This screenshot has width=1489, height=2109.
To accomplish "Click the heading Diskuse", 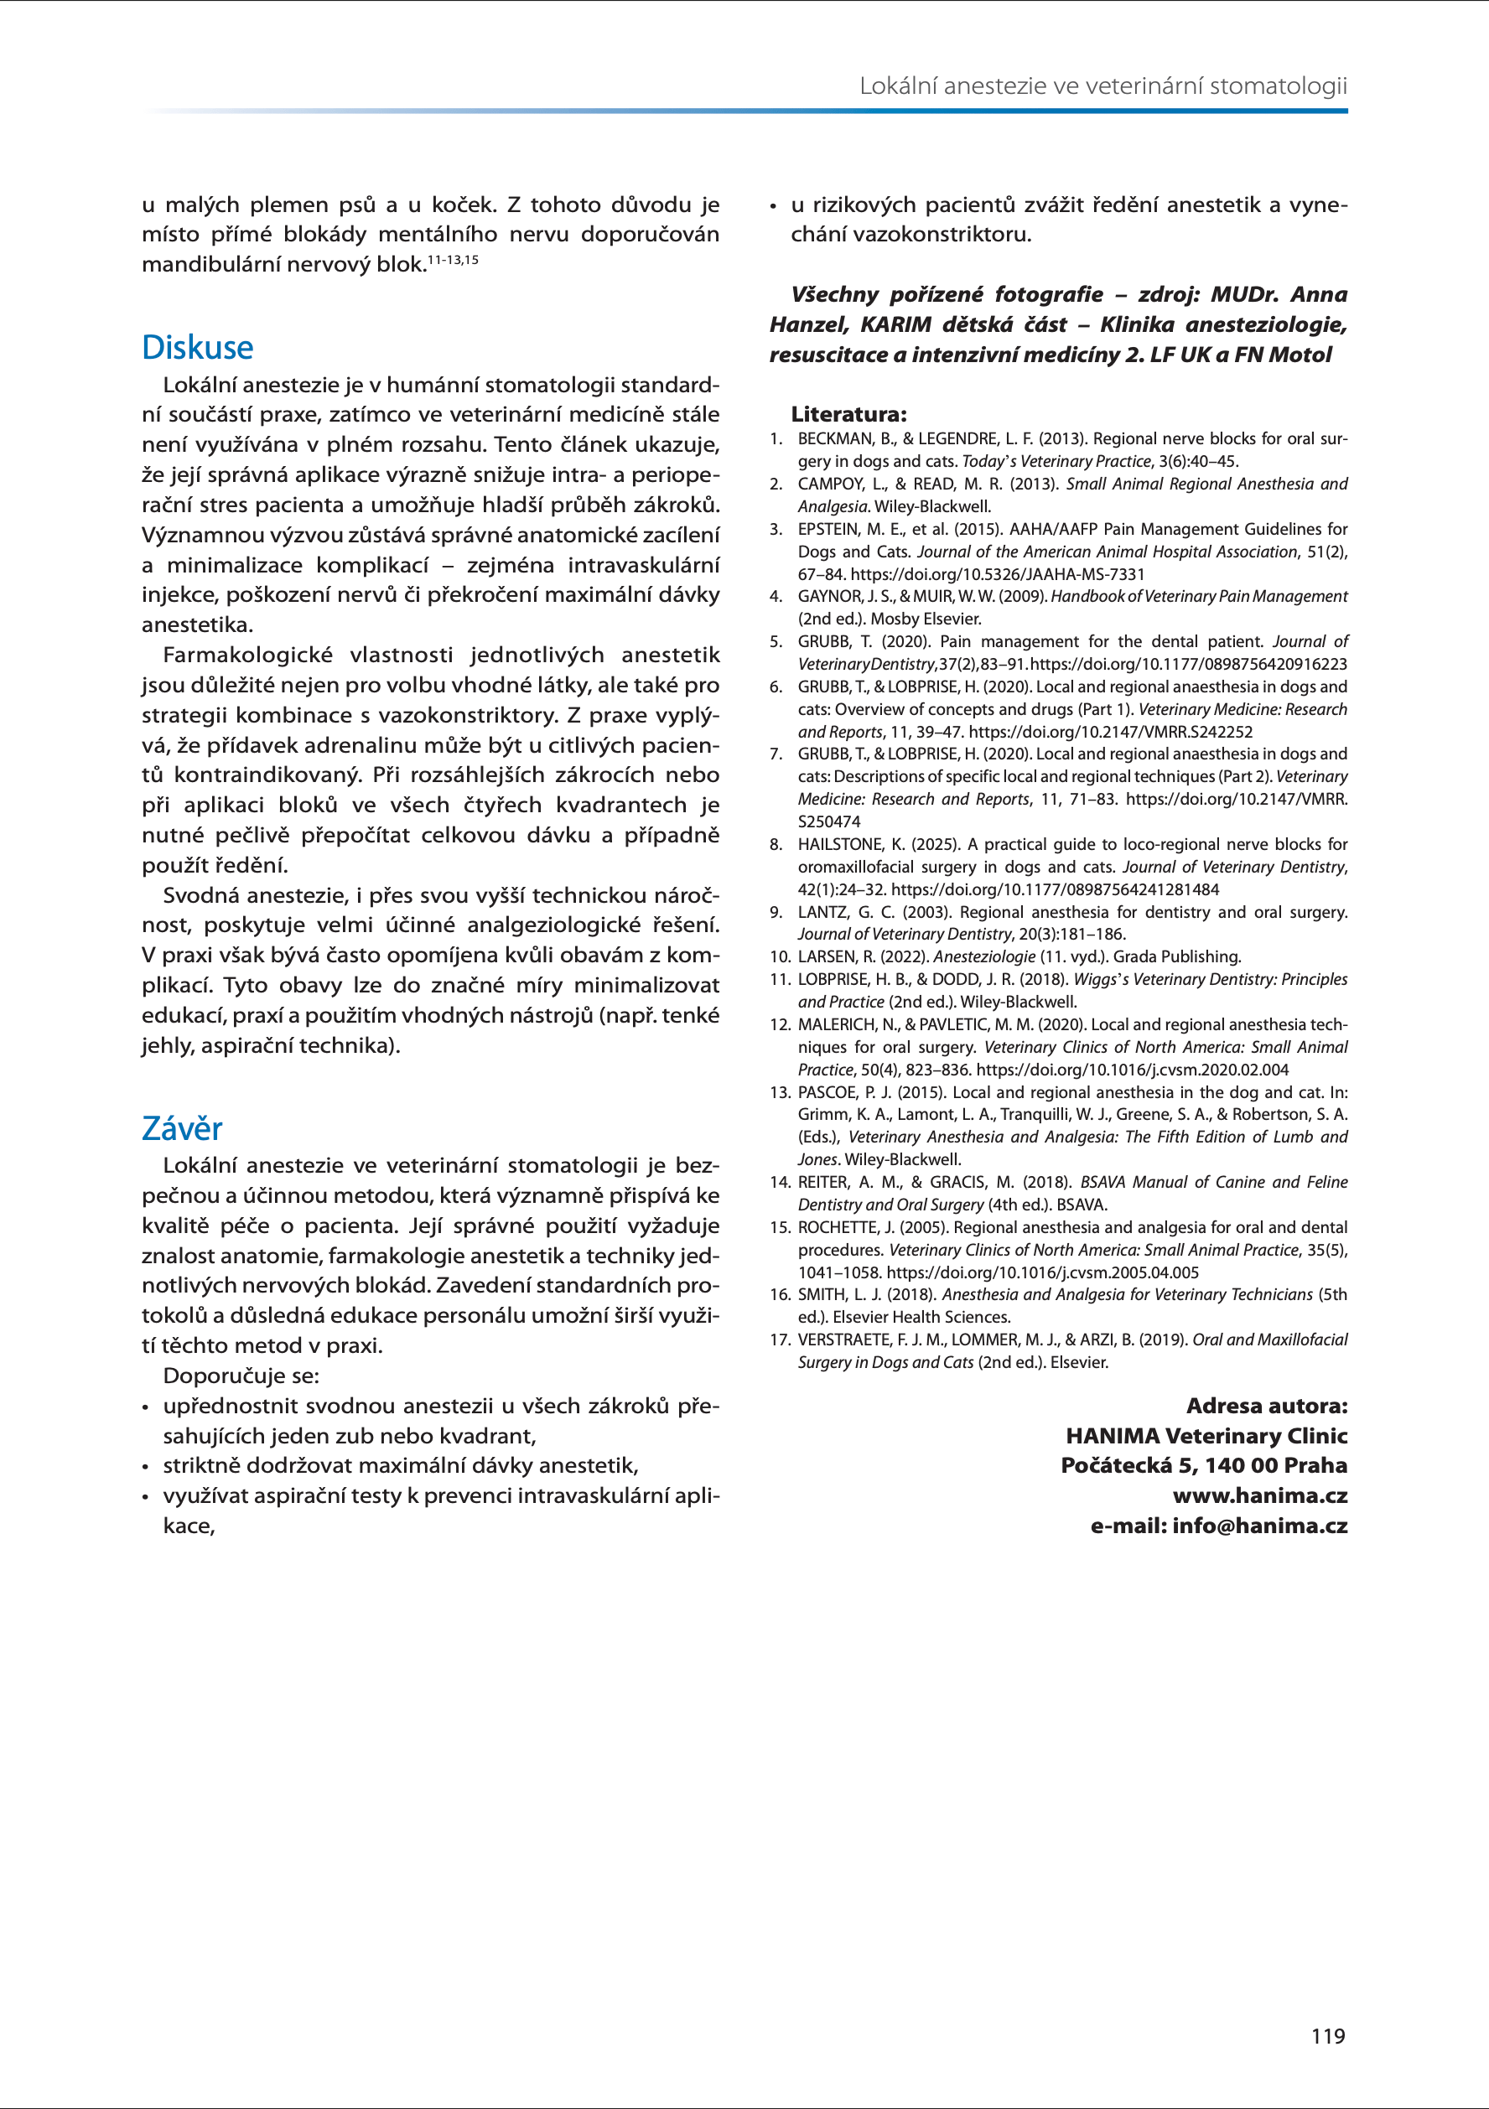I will point(198,347).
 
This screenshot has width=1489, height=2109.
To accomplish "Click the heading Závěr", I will point(182,1128).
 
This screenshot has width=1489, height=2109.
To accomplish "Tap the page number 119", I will point(1327,2035).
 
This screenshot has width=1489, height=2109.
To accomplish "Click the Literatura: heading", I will point(848,414).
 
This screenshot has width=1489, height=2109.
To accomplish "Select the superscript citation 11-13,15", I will point(453,260).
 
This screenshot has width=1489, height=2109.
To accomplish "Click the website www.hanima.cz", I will point(1259,1495).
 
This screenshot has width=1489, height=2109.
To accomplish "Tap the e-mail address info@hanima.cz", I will point(1259,1526).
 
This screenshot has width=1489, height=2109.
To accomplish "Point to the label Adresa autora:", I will point(1267,1406).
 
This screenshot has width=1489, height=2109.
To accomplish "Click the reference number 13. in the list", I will point(780,1092).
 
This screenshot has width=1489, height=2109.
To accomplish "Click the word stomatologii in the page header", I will point(1278,86).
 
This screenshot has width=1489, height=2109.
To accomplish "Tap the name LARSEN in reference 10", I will point(823,957).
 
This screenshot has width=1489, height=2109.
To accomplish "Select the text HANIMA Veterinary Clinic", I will point(1206,1436).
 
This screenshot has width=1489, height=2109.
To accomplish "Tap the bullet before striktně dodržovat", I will point(145,1467).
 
